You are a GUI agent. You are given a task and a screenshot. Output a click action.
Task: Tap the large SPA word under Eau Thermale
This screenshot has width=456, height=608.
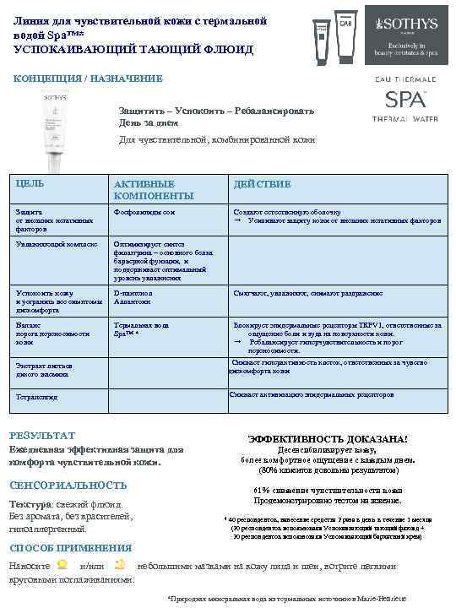point(404,99)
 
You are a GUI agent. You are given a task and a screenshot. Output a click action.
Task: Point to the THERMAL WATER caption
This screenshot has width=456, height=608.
point(404,118)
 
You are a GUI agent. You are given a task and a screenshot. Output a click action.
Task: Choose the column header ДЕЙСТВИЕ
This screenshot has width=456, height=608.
point(262,183)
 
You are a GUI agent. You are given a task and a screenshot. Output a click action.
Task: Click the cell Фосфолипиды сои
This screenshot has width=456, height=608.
point(144,212)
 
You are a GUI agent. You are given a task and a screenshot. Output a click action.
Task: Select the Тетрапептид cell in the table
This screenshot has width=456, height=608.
point(38,396)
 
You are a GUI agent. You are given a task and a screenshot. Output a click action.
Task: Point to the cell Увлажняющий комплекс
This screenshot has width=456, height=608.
point(50,243)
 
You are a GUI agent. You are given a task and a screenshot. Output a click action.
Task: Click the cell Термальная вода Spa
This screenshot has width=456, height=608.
point(141,328)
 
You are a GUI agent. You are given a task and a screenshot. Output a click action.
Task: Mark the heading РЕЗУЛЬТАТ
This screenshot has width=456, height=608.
point(41,435)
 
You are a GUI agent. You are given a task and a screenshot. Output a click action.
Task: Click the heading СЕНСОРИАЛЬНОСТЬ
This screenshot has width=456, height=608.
point(68,485)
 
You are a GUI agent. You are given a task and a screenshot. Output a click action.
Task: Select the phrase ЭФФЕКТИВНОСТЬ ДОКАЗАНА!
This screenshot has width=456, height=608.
point(327,439)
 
